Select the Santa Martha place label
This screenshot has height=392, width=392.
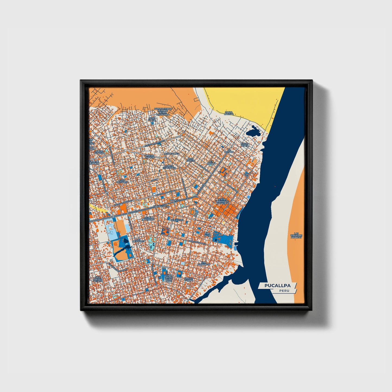[229, 113]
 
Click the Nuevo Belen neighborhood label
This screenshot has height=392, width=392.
[244, 145]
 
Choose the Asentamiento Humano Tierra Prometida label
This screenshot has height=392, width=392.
[163, 111]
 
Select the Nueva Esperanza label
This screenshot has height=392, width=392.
[170, 167]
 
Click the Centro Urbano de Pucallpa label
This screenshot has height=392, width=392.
[223, 201]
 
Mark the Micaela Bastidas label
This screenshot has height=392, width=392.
[149, 219]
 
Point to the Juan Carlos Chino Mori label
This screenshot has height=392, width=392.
[168, 278]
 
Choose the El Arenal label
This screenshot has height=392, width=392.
[211, 162]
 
